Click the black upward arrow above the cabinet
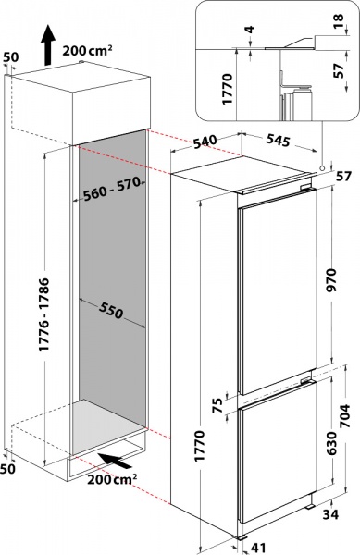pos(47,45)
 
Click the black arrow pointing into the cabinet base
pos(116,461)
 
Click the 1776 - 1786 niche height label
pos(44,314)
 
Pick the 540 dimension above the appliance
pos(205,142)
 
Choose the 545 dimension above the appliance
pos(278,140)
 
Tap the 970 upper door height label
pos(332,279)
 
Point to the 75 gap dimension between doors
pos(218,405)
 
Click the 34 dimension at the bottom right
pos(330,514)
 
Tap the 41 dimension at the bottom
pos(258,548)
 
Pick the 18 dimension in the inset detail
pos(339,21)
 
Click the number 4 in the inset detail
pos(250,29)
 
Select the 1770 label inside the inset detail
pos(227,89)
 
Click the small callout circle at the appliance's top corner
pos(322,167)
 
